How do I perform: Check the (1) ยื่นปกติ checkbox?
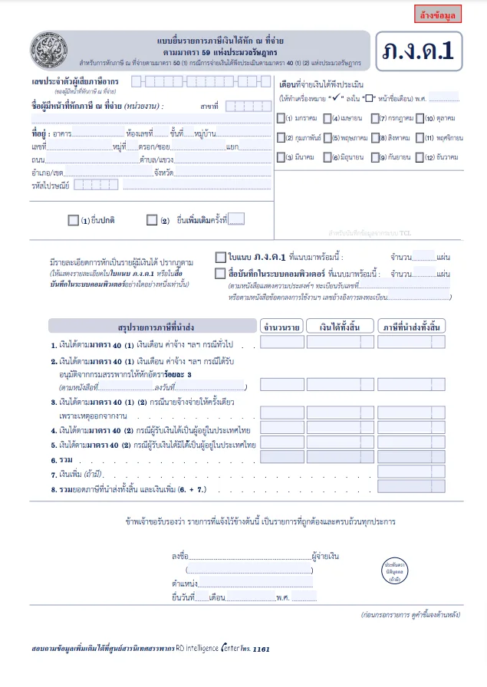click(73, 220)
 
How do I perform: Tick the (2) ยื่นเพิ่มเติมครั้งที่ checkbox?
click(152, 220)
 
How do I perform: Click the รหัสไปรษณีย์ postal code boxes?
click(96, 184)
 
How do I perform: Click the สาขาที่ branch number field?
click(244, 105)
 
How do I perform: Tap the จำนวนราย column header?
click(281, 327)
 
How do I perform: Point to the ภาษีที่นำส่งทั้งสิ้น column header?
click(412, 327)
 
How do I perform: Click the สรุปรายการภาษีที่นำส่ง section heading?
click(151, 327)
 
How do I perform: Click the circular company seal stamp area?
click(394, 571)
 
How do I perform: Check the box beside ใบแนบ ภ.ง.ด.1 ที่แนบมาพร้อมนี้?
click(220, 257)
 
